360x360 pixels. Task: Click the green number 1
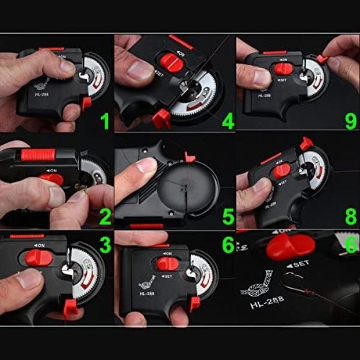(x=105, y=122)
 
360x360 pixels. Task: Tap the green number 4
(x=227, y=122)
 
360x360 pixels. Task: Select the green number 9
(x=350, y=122)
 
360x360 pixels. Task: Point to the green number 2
(x=105, y=216)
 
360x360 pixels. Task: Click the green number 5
(x=227, y=216)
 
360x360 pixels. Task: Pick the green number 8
(x=350, y=216)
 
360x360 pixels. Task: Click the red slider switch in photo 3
(x=39, y=258)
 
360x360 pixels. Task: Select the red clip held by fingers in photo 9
(x=322, y=58)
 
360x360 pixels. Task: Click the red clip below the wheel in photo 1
(x=86, y=103)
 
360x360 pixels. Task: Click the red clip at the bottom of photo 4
(x=161, y=118)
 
